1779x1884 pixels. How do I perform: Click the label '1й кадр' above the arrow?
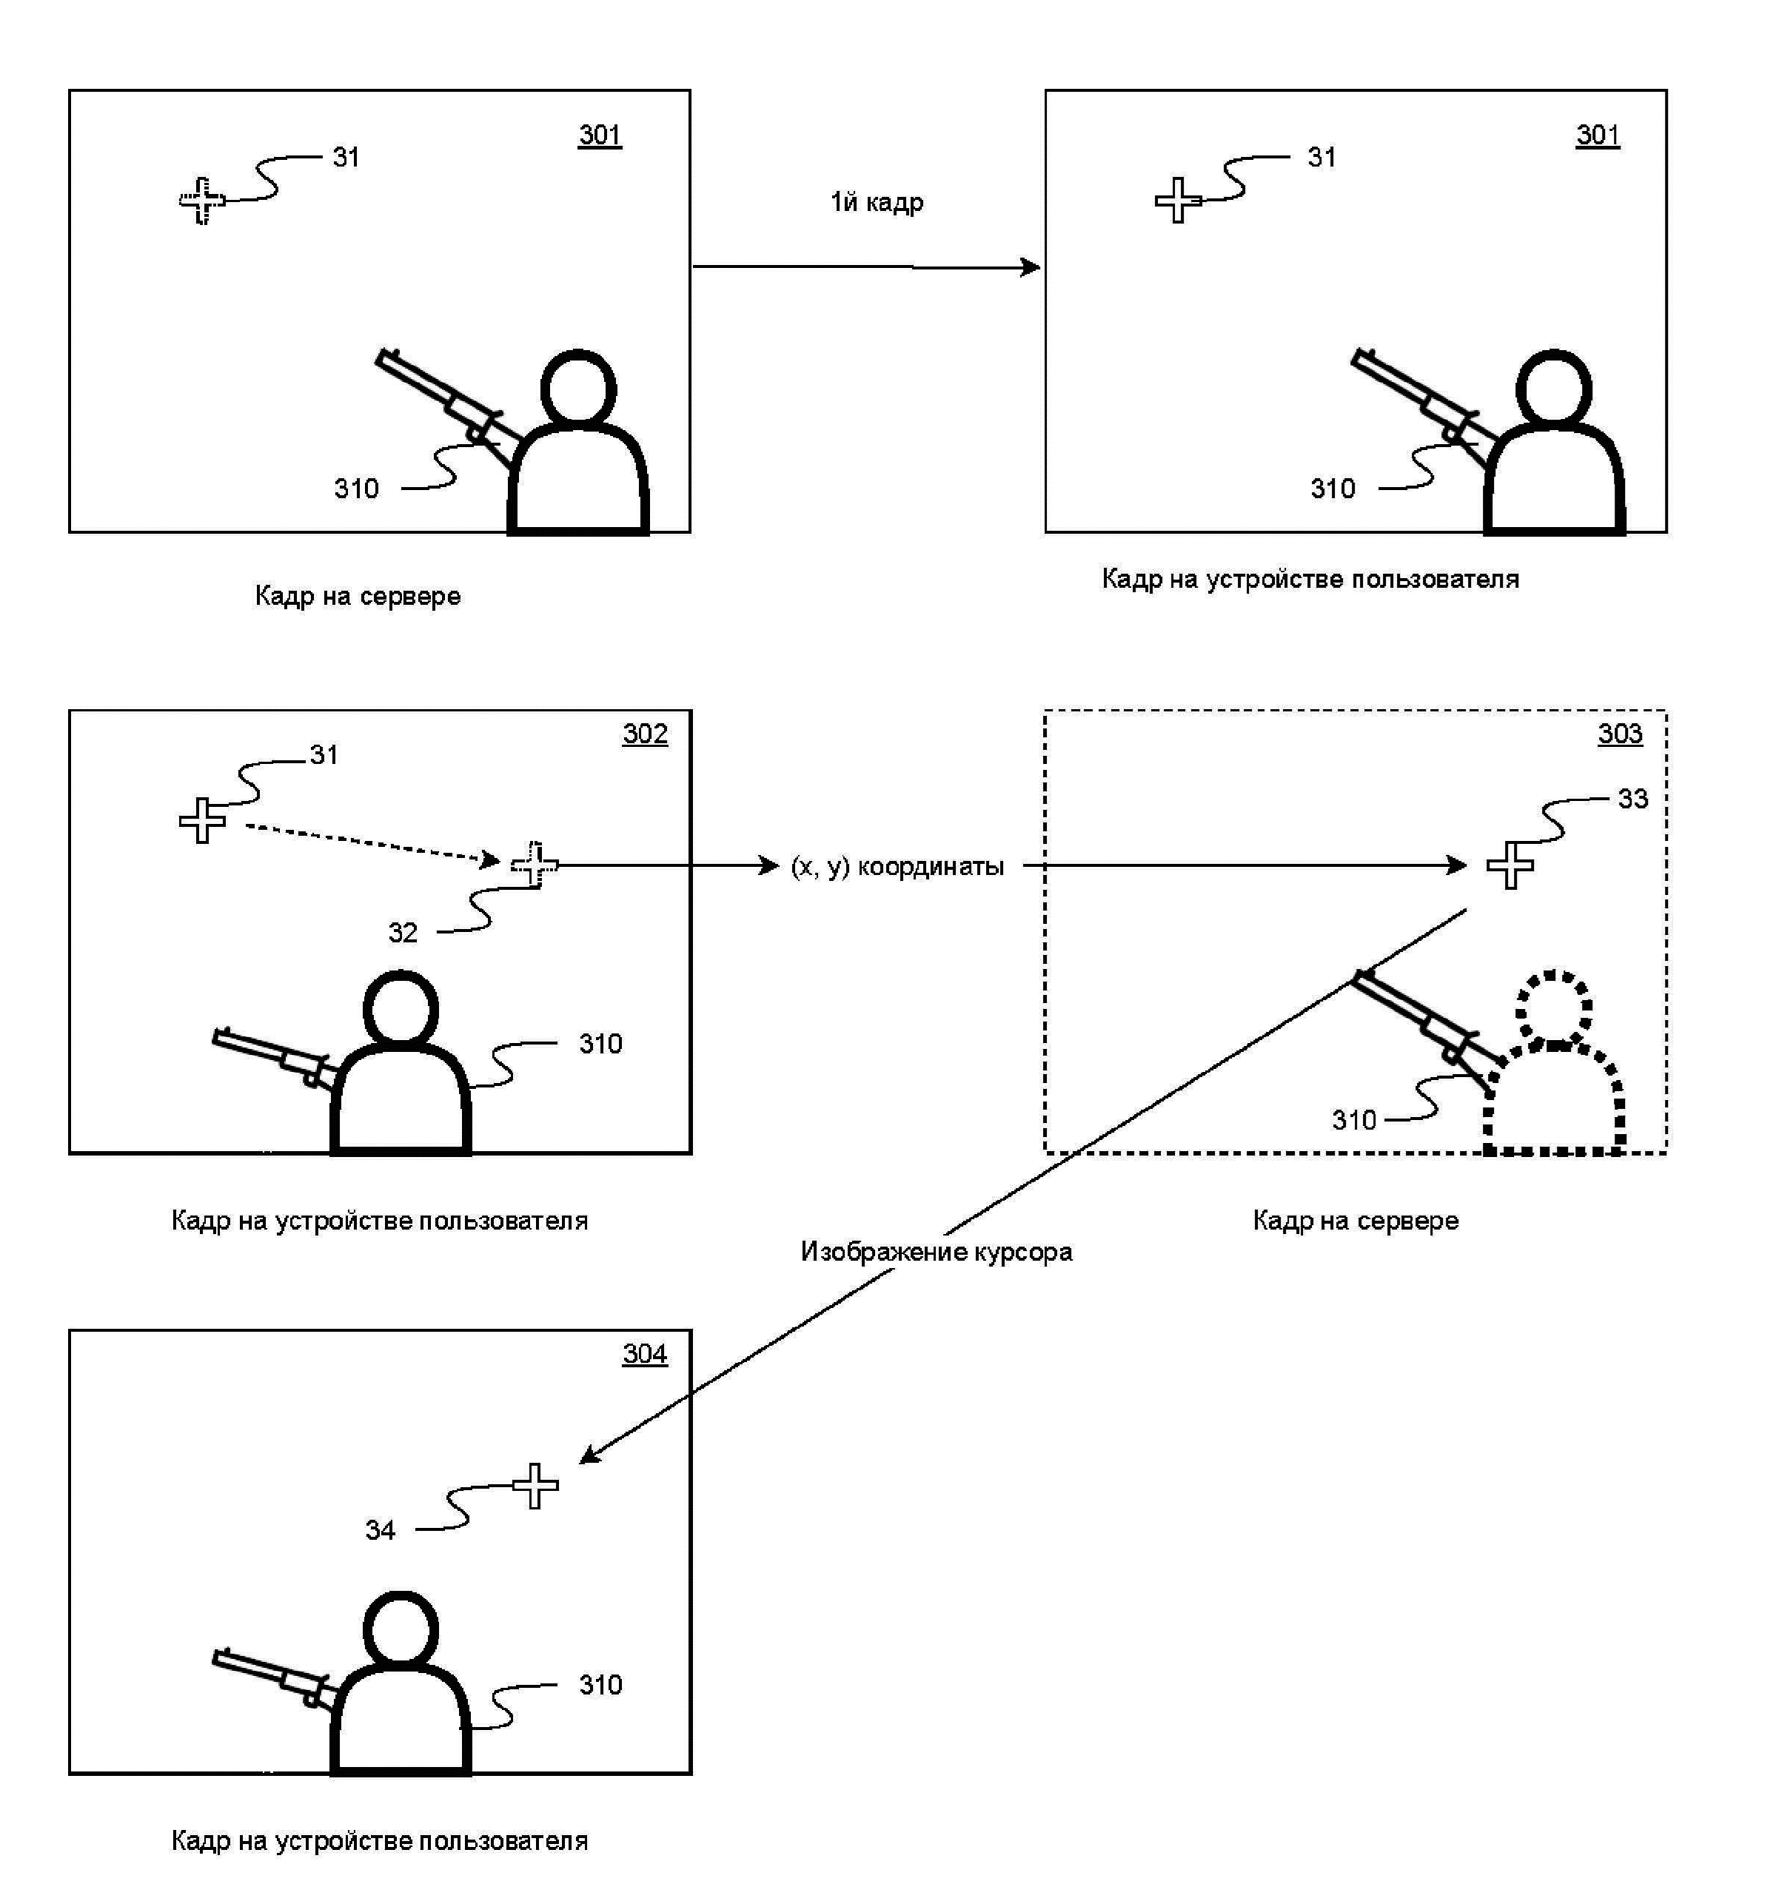(877, 203)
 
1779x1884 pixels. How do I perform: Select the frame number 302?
(645, 734)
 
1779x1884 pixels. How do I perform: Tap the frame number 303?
(1620, 734)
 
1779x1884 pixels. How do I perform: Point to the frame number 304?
(645, 1354)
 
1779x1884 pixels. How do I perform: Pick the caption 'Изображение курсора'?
(936, 1252)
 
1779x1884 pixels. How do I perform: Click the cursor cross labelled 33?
(1510, 865)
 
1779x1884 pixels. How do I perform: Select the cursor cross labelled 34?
(536, 1486)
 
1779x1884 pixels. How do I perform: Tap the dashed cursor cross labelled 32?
(535, 865)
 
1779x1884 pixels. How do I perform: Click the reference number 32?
(402, 933)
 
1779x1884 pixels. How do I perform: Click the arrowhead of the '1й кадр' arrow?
(1032, 267)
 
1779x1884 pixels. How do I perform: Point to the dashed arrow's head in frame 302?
(492, 860)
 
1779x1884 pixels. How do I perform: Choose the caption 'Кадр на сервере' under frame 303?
(1355, 1220)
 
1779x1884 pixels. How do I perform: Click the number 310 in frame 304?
(600, 1685)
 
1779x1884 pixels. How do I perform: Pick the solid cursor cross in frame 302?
(202, 820)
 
